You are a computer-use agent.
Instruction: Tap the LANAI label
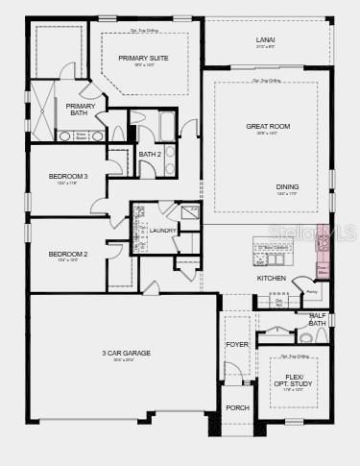266,38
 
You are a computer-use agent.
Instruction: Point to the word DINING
287,186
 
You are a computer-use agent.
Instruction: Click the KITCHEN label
271,279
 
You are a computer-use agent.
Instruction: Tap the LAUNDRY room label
162,231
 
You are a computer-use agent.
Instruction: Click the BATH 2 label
150,154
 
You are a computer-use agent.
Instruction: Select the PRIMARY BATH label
81,110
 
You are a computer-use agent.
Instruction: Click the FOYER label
237,344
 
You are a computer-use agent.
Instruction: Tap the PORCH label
237,407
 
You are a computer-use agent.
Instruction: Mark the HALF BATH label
318,319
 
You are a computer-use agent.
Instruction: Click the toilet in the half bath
307,337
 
